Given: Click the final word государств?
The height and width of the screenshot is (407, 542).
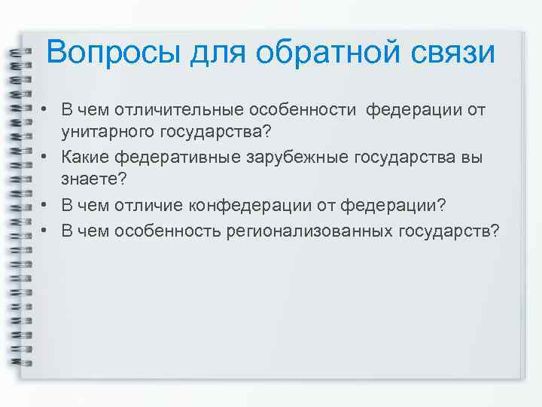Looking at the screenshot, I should (x=448, y=229).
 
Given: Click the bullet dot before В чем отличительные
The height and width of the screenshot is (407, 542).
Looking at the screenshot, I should (x=46, y=111).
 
